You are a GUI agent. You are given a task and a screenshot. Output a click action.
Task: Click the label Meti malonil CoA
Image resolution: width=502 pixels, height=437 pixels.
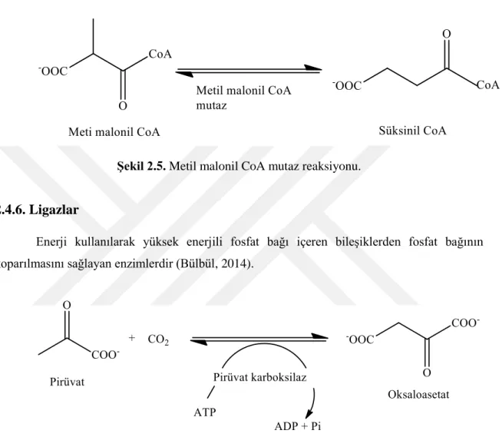coord(114,131)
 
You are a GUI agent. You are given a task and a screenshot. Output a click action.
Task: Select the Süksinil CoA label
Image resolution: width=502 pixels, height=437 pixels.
coord(412,131)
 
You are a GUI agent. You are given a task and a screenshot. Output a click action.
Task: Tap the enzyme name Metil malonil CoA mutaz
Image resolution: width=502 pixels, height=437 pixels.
coord(243,98)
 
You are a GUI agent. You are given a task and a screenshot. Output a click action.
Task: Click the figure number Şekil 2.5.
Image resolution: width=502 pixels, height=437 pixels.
coord(141,167)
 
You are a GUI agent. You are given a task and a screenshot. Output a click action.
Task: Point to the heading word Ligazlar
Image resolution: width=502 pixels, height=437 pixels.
coord(54,210)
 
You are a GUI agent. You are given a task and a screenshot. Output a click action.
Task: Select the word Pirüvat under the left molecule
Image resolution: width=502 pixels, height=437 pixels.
coord(67,382)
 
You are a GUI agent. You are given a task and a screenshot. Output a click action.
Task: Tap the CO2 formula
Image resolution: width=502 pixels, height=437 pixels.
coord(158,339)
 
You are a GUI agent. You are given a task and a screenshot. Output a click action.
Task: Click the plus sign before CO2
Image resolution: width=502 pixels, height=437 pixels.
coord(131,338)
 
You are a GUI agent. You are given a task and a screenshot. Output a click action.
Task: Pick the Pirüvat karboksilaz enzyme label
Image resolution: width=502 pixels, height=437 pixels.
coord(259,377)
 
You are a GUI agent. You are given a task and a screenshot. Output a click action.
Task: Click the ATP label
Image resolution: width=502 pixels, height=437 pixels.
coord(205,412)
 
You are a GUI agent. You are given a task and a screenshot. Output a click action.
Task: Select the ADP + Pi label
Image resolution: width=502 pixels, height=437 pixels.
coord(298,426)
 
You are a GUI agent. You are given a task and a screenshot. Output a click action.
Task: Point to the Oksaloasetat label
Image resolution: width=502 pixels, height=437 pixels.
coord(418,395)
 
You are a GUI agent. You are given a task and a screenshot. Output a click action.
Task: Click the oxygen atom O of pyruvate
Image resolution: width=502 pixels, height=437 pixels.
coord(67,305)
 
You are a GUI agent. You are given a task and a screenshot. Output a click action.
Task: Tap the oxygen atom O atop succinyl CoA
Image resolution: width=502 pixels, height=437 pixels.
coord(447,34)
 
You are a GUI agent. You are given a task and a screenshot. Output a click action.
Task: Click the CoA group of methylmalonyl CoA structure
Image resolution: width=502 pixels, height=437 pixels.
coord(160,54)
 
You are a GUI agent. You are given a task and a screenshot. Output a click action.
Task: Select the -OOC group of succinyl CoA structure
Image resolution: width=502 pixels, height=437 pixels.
coord(348,85)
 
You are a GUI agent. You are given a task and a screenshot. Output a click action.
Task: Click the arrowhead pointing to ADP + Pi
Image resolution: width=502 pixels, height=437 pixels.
coord(309,413)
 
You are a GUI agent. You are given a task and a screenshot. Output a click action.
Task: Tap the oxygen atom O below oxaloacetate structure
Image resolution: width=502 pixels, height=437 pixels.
coord(427,372)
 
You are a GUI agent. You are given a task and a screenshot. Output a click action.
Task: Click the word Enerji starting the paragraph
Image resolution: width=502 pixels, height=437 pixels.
coord(51,242)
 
